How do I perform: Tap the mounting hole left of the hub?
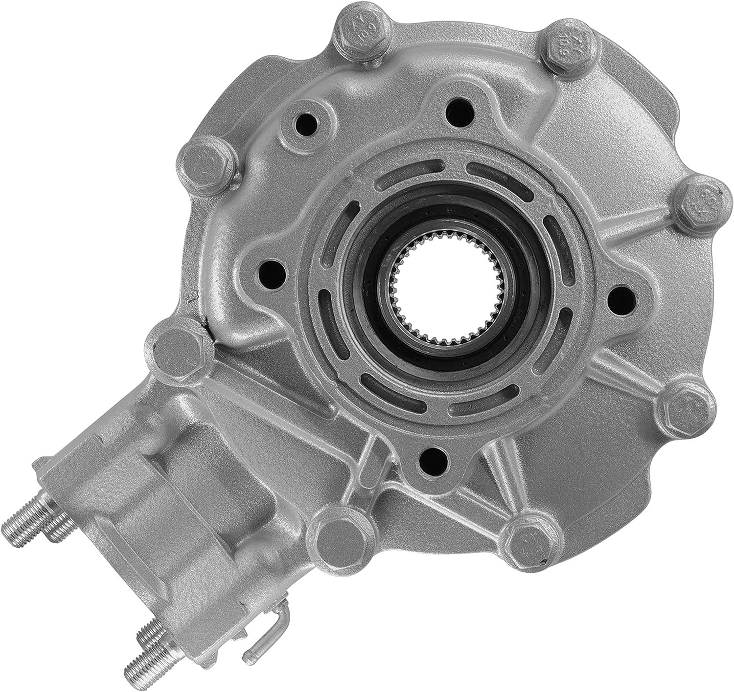click(x=268, y=268)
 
